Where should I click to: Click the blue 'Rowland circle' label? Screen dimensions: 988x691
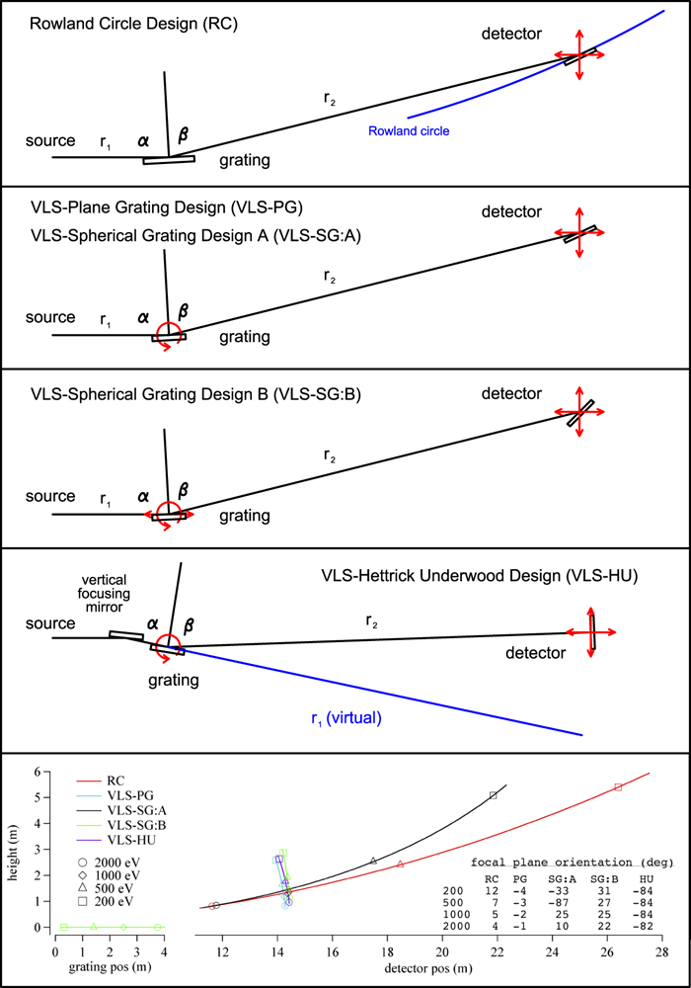click(410, 130)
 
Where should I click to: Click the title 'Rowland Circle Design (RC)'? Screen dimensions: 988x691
click(138, 23)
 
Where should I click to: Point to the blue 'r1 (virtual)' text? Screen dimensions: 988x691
click(345, 719)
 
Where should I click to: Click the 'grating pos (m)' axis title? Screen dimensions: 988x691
click(109, 966)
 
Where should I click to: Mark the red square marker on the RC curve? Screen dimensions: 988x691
click(618, 787)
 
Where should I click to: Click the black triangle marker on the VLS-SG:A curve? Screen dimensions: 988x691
click(373, 861)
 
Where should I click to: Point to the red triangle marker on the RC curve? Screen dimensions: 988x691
click(400, 864)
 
